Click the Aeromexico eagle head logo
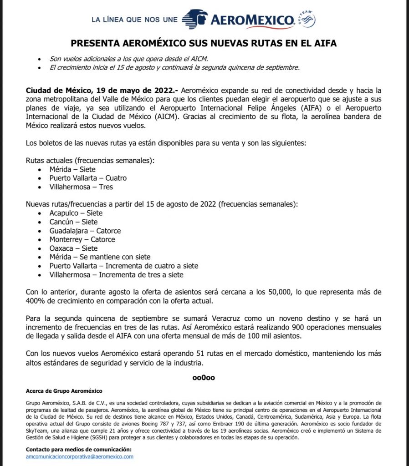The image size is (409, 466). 194,20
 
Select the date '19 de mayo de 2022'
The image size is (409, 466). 129,91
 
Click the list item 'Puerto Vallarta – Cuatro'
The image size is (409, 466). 88,178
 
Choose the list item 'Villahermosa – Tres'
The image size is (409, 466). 81,187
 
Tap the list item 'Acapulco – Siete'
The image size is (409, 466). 76,213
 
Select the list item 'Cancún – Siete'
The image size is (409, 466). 73,222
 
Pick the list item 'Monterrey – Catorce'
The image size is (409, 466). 82,239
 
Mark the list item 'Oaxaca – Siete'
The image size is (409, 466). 73,248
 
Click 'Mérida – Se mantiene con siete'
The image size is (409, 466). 100,257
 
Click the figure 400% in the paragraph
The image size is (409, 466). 34,301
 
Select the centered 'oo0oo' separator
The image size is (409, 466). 204,377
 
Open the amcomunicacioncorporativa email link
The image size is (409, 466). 80,456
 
